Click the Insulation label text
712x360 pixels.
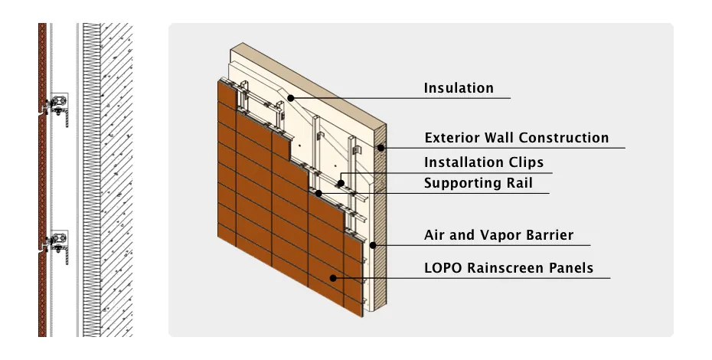459,88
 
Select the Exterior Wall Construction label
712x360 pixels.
517,138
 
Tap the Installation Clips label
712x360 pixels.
484,162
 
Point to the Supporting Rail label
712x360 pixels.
478,183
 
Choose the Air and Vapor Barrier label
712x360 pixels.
498,235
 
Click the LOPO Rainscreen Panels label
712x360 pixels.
508,268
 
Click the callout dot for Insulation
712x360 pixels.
291,97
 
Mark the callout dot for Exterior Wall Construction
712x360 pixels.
378,147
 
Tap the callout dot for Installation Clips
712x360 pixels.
341,184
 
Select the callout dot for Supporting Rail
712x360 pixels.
318,192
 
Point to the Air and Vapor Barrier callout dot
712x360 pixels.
372,245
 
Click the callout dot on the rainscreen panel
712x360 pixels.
332,277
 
